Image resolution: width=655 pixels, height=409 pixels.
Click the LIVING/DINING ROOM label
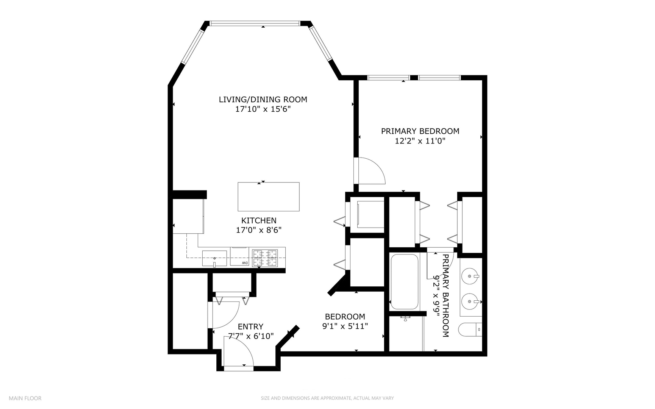[x=263, y=99]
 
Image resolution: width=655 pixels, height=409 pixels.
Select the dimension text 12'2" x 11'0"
[x=420, y=141]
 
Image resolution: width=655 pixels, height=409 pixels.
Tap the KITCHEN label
[x=259, y=220]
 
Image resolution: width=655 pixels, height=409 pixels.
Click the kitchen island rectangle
[x=268, y=197]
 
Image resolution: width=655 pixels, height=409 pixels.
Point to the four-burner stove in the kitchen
[x=265, y=258]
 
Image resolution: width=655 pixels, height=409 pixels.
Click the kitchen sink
[x=214, y=258]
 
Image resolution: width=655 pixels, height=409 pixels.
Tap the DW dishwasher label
[x=244, y=263]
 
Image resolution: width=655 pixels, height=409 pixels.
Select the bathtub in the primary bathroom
[x=404, y=281]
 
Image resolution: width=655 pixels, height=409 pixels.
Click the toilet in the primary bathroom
[x=470, y=329]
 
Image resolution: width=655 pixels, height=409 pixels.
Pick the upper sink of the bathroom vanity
[x=470, y=276]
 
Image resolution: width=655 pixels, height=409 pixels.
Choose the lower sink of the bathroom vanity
[x=470, y=301]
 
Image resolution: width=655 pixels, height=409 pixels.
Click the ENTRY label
[x=250, y=326]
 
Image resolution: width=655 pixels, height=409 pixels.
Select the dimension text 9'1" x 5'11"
[x=345, y=326]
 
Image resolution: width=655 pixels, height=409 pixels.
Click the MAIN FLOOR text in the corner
[x=25, y=398]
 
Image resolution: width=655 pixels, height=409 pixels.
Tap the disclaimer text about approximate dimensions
[x=327, y=398]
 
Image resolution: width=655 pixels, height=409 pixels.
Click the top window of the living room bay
[x=255, y=23]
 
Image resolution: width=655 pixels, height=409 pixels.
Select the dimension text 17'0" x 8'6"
[x=259, y=230]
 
